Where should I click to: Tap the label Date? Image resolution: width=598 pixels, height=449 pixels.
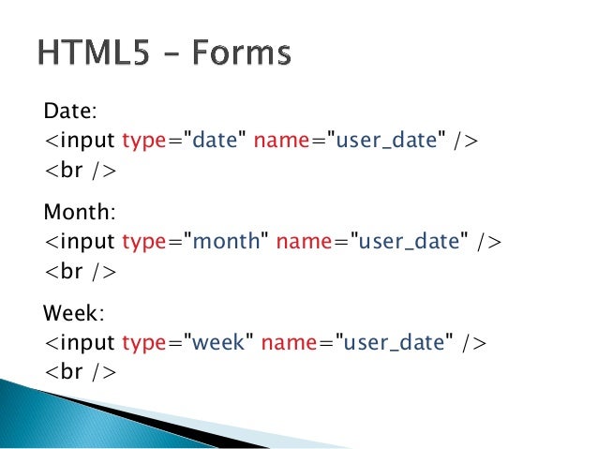click(70, 112)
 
